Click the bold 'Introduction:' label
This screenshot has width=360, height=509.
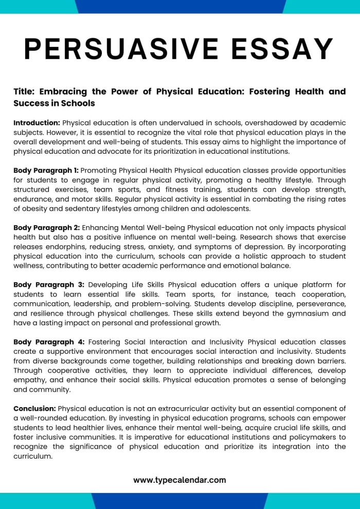click(x=37, y=123)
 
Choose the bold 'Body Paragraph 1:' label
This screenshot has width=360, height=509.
click(x=46, y=170)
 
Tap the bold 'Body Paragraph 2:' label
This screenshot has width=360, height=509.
click(x=46, y=227)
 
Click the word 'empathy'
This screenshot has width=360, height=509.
click(x=29, y=380)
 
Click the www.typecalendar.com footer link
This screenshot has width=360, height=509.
click(x=179, y=480)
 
